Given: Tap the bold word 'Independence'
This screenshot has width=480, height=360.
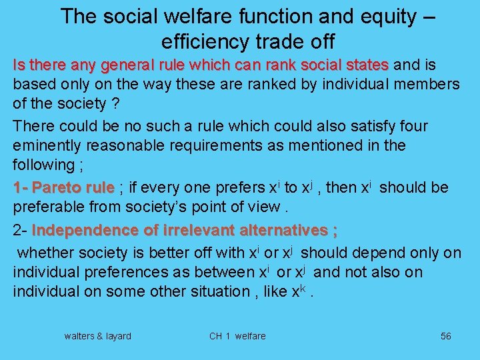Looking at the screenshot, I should coord(86,231).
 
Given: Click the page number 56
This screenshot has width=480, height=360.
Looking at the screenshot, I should coord(445,336).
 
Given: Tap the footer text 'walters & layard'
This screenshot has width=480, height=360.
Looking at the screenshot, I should coord(97,336).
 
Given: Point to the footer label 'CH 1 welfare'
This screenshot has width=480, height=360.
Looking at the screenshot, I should coord(237,336).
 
